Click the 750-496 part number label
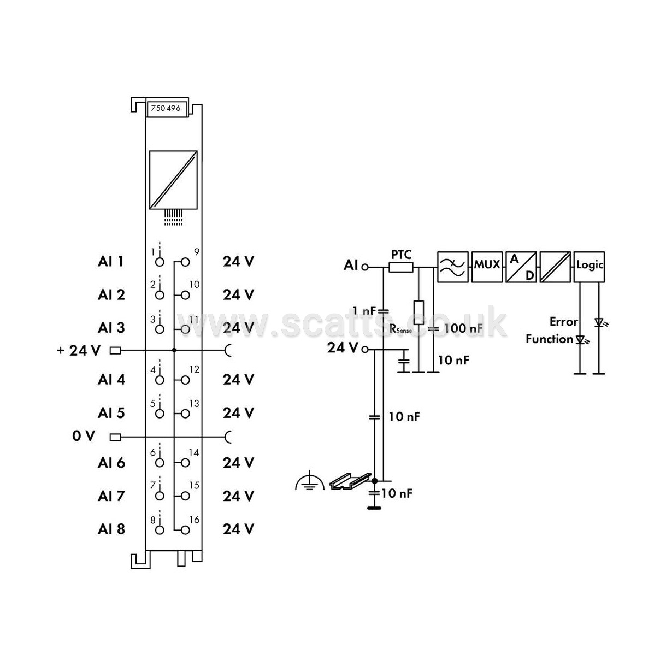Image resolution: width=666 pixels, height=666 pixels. [166, 108]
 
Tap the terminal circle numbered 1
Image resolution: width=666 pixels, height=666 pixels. [160, 262]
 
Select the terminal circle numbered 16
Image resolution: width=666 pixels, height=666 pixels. [185, 530]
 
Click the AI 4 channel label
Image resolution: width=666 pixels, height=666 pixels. [111, 380]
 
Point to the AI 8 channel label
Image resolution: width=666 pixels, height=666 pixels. [111, 529]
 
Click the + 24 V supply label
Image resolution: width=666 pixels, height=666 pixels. [79, 350]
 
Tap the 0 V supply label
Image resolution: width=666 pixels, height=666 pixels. [83, 436]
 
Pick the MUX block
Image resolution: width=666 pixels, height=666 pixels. [487, 267]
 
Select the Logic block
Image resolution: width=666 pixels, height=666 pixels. [589, 267]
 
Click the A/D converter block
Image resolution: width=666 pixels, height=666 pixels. [521, 267]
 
